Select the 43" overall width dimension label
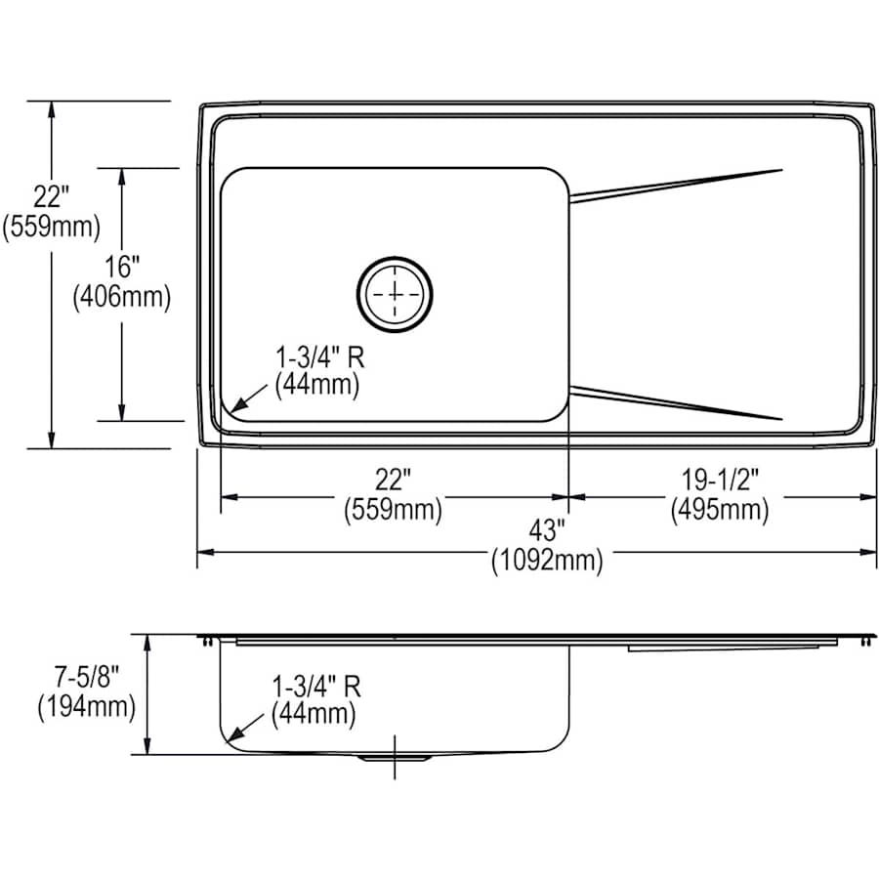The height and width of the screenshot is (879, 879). click(x=548, y=531)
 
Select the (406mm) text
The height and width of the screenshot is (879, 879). click(x=122, y=297)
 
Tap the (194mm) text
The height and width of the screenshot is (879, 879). click(x=86, y=706)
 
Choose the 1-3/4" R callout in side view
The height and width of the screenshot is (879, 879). click(x=314, y=686)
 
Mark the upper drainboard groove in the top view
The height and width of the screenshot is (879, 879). click(x=676, y=185)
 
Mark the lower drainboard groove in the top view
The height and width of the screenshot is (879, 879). click(x=676, y=402)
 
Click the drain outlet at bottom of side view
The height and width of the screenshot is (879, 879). click(x=395, y=757)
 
